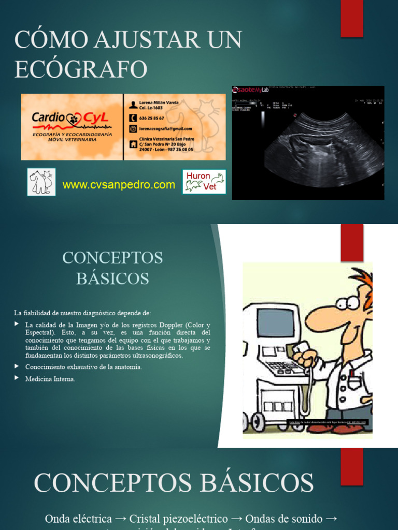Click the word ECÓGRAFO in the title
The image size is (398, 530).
81,69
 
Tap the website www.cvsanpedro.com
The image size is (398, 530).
119,185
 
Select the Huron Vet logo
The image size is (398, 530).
204,182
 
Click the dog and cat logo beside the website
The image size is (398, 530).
41,182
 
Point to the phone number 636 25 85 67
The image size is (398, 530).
151,118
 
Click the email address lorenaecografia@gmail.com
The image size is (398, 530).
165,129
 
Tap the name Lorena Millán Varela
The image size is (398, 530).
159,102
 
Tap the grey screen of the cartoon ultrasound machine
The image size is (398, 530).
275,323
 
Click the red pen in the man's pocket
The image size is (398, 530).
352,374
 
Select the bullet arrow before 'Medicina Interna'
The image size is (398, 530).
17,379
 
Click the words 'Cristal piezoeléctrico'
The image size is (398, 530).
178,519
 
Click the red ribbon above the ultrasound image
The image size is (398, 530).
351,19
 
